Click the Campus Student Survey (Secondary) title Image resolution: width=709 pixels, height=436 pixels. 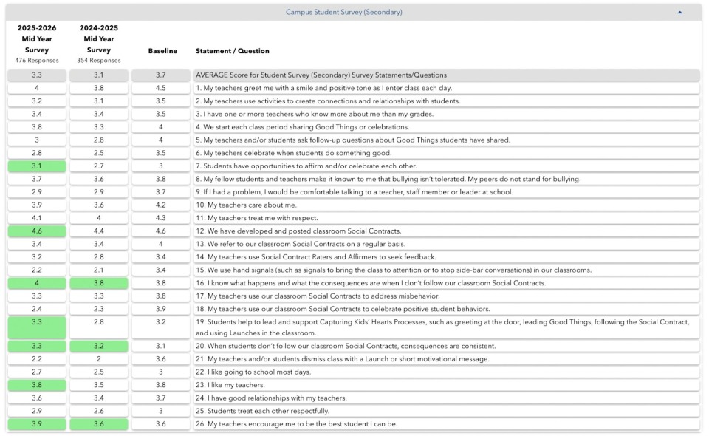pyautogui.click(x=344, y=12)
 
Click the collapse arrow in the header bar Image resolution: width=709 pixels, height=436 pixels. pyautogui.click(x=679, y=12)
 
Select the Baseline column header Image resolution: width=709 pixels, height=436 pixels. pyautogui.click(x=162, y=51)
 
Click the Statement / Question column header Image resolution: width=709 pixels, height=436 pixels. pyautogui.click(x=232, y=51)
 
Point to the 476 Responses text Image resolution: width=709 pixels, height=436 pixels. pyautogui.click(x=37, y=61)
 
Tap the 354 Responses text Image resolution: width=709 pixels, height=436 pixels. pyautogui.click(x=99, y=61)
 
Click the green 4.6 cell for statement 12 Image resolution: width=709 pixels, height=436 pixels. pyautogui.click(x=37, y=231)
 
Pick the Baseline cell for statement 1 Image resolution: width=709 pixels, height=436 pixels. pyautogui.click(x=161, y=88)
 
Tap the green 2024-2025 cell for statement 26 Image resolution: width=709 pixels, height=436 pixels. pyautogui.click(x=99, y=424)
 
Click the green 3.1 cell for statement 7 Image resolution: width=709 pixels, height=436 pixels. pyautogui.click(x=37, y=166)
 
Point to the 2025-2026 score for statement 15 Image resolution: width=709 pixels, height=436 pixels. pyautogui.click(x=37, y=270)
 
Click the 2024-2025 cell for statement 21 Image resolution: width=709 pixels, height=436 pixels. pyautogui.click(x=99, y=359)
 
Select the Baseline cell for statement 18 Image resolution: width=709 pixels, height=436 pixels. pyautogui.click(x=161, y=309)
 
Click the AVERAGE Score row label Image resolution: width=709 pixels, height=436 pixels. pyautogui.click(x=321, y=75)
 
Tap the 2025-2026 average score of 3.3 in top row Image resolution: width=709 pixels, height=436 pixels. pyautogui.click(x=37, y=75)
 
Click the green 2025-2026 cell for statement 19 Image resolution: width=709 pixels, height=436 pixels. pyautogui.click(x=37, y=327)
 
